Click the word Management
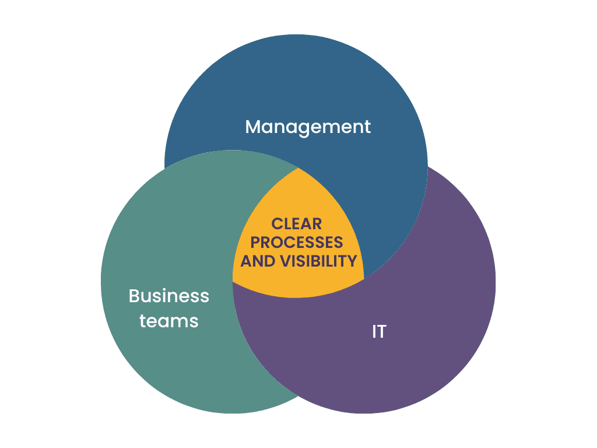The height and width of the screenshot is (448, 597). pos(308,127)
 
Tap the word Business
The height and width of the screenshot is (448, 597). pos(168,296)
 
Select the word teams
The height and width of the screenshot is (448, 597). pos(168,320)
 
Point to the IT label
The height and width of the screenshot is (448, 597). pos(379,332)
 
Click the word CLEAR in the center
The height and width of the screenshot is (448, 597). pos(297,223)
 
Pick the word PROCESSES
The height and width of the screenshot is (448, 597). pos(297,242)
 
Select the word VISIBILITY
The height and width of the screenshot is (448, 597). pos(318,261)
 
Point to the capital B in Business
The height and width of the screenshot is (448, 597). pos(134,296)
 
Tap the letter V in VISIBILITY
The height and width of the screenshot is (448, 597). pos(285,261)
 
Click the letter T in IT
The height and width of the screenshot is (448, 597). pos(382,332)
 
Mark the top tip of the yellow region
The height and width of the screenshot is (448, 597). pos(298,168)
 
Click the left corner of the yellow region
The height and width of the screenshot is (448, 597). pos(233,283)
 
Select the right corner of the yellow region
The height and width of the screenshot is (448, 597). pos(364,278)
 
